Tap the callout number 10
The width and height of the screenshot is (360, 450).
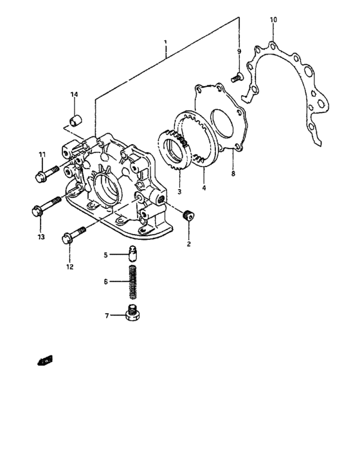[273, 21]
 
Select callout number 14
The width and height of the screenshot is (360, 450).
[74, 95]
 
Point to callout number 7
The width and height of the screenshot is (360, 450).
[107, 316]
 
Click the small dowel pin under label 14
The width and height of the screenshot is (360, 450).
[75, 120]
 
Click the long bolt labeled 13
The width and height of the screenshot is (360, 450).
[45, 210]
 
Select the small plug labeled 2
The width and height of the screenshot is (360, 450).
[188, 216]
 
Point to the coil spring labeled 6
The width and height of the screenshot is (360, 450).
[134, 282]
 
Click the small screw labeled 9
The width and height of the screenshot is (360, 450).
[237, 78]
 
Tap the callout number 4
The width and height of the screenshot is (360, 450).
[204, 189]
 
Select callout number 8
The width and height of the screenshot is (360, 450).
[233, 173]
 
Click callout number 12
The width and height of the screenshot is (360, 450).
[69, 265]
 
